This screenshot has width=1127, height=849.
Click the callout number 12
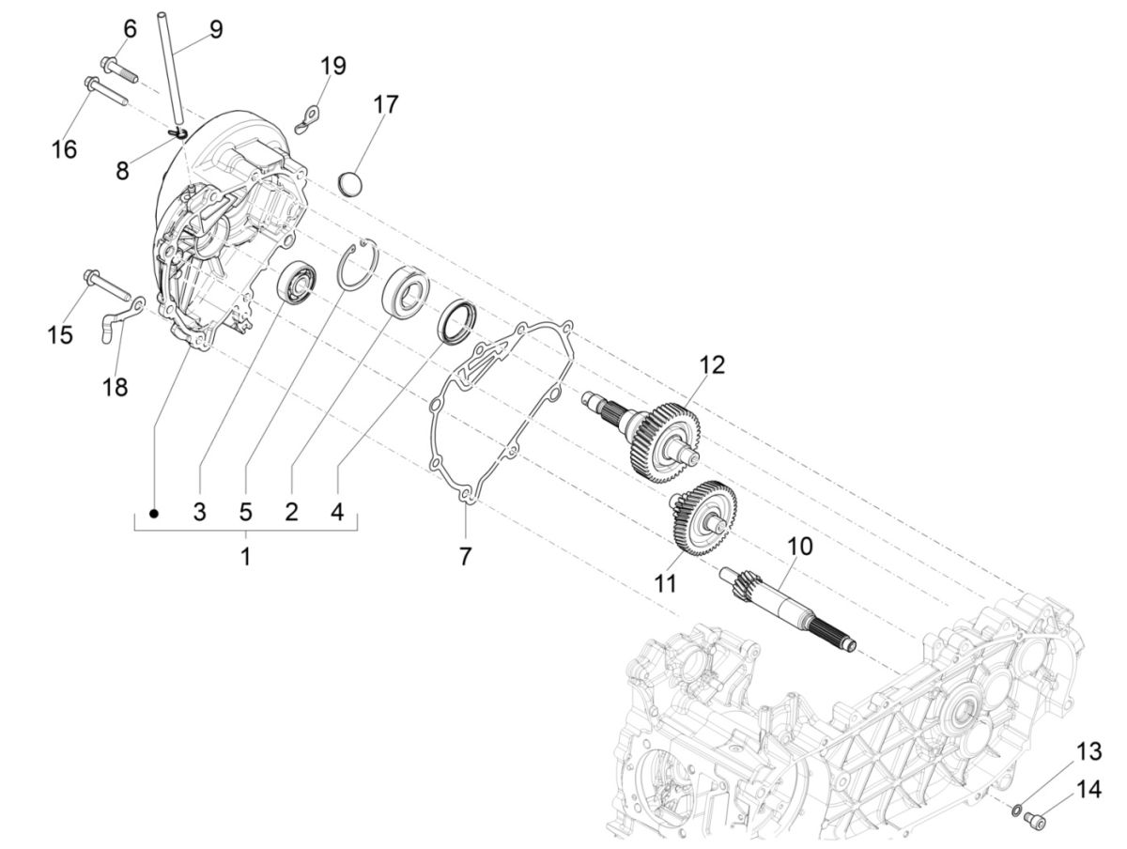(712, 364)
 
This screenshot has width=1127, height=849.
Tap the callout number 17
(385, 103)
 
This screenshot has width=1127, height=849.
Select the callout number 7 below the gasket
(466, 556)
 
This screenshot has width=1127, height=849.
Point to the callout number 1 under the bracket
(245, 556)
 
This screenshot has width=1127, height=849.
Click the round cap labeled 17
(350, 183)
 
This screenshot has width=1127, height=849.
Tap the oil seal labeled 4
(455, 319)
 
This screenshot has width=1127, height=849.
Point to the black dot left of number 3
(155, 513)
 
